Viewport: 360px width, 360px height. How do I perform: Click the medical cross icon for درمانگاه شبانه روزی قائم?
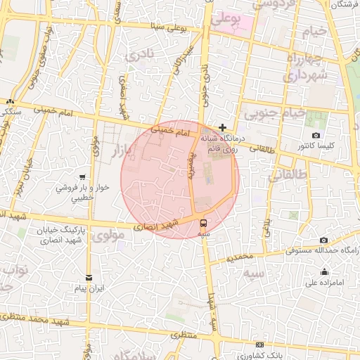click(x=222, y=127)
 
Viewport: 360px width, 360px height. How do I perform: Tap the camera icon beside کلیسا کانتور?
click(x=315, y=135)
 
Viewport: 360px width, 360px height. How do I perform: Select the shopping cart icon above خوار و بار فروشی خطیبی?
click(x=83, y=177)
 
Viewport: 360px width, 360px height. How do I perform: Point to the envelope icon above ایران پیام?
click(x=89, y=277)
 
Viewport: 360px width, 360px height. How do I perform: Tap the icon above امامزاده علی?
click(x=324, y=272)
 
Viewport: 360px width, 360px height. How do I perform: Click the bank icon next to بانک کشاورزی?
click(x=260, y=345)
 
